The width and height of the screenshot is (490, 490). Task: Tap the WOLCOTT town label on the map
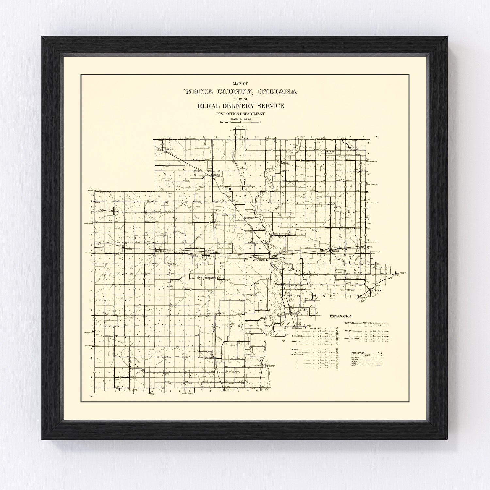[121, 245]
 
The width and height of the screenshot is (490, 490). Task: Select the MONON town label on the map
[217, 175]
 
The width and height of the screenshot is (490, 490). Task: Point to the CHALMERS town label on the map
[220, 313]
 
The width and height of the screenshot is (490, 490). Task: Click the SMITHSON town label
[211, 278]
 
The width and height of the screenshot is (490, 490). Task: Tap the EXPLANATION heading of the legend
[340, 316]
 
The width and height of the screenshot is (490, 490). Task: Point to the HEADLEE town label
[331, 152]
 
